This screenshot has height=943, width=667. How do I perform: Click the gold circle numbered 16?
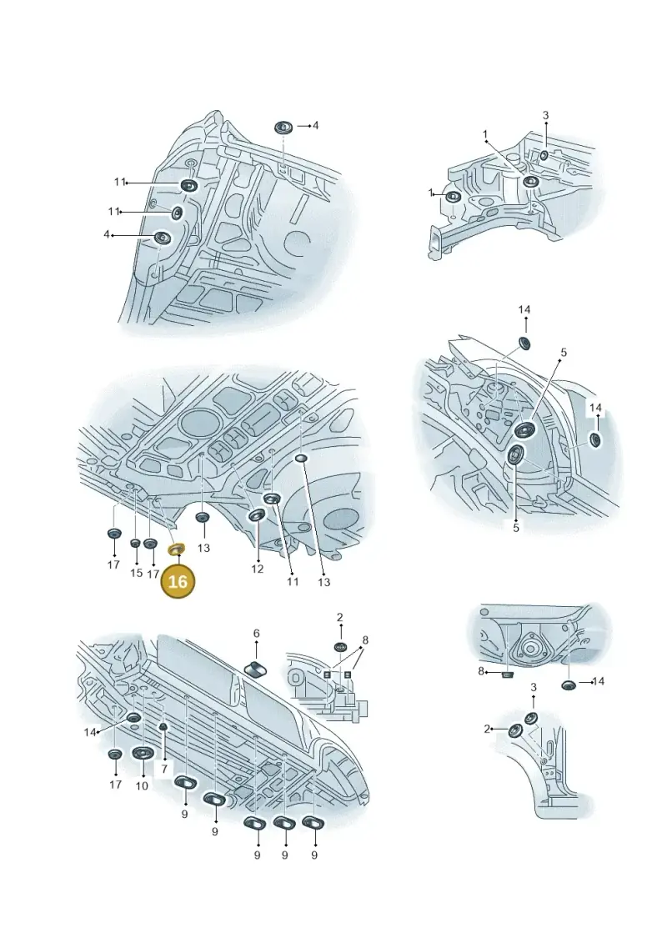(178, 581)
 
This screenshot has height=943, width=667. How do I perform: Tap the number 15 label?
(136, 573)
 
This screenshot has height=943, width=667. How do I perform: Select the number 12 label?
(257, 569)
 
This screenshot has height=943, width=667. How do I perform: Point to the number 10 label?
(142, 785)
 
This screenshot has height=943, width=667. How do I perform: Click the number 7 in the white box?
(163, 768)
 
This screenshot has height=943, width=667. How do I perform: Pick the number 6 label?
(256, 634)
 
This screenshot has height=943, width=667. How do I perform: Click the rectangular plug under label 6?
(257, 668)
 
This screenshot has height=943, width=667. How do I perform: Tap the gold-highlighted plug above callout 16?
(177, 549)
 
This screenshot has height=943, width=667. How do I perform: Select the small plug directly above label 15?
(135, 544)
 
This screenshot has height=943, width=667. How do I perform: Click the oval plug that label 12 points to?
(258, 515)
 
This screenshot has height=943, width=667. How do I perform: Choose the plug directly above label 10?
(143, 754)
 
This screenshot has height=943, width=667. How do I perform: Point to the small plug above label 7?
(163, 727)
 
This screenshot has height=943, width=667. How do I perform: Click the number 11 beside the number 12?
(293, 581)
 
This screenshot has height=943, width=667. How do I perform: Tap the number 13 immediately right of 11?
(324, 582)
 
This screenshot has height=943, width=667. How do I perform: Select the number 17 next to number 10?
(116, 785)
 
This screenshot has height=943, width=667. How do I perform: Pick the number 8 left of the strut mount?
(481, 670)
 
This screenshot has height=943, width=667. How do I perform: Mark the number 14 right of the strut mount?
(598, 681)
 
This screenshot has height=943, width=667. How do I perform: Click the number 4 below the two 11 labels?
(107, 234)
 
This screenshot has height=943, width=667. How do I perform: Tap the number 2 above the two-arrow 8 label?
(340, 617)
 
